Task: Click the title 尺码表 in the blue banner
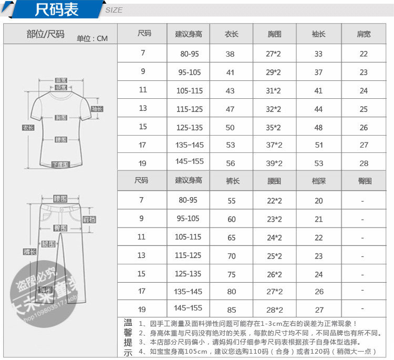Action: click(x=56, y=10)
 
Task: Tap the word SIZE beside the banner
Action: click(x=114, y=10)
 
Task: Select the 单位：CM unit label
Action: click(x=92, y=38)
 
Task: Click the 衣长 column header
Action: click(x=231, y=34)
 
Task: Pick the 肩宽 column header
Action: click(x=364, y=34)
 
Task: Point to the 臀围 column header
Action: click(x=364, y=181)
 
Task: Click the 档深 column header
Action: click(x=318, y=181)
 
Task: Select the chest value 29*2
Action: click(x=274, y=73)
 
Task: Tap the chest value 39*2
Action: click(x=274, y=163)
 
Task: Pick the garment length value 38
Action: click(x=230, y=54)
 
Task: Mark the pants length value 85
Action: click(x=231, y=310)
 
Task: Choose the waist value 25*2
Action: click(x=274, y=256)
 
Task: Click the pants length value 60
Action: click(x=231, y=219)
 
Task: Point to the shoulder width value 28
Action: click(x=364, y=163)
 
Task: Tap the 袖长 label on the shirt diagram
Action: click(x=97, y=109)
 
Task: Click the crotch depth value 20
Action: click(x=319, y=201)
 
